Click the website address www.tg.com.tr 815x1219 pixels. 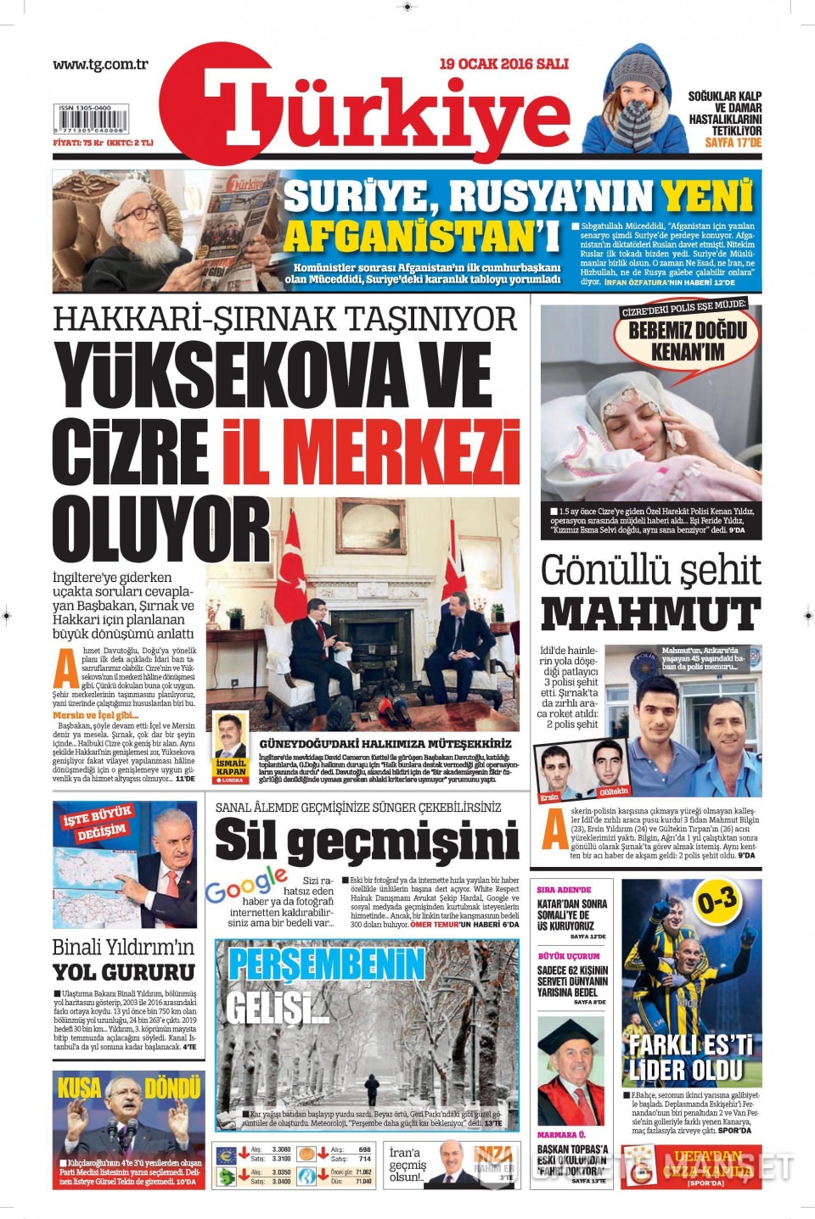click(100, 64)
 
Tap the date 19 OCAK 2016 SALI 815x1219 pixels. click(503, 64)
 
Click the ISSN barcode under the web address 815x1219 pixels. click(91, 121)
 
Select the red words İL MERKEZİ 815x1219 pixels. click(371, 450)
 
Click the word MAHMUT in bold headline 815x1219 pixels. click(650, 613)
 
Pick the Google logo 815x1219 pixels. click(245, 883)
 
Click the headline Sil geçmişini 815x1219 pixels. click(367, 841)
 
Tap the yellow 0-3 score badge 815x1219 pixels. click(717, 902)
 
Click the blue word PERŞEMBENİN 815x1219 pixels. click(326, 965)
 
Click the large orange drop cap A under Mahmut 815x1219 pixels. click(554, 829)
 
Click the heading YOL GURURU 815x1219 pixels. click(124, 972)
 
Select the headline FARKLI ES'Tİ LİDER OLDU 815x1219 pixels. click(690, 1058)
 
